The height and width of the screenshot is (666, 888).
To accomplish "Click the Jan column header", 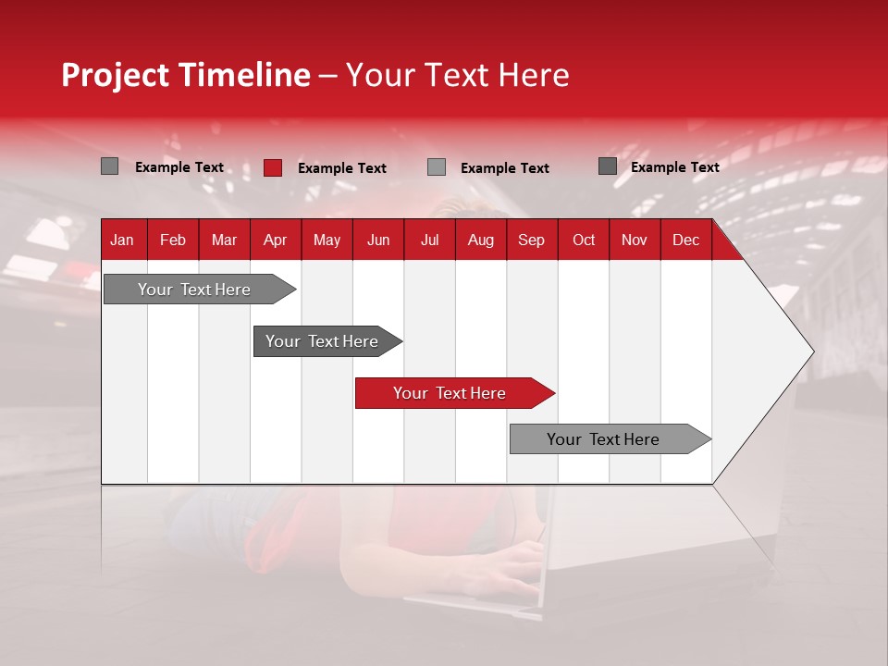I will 122,240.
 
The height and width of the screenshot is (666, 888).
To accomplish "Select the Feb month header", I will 173,240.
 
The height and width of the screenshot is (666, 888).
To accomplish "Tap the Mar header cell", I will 224,240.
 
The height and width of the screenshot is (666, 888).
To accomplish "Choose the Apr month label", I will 275,240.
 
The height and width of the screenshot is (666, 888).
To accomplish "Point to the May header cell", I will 327,240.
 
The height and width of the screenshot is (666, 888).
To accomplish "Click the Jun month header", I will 378,240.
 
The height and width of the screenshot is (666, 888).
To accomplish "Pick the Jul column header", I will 429,240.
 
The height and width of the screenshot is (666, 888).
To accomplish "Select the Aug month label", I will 480,240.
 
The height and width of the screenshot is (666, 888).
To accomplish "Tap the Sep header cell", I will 531,240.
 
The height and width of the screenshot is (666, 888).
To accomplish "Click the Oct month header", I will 584,240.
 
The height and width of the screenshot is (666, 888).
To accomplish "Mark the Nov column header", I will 635,240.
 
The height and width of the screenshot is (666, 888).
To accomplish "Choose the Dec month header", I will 685,240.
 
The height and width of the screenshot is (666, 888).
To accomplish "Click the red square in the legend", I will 273,167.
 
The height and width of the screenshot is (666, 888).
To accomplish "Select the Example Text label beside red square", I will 341,168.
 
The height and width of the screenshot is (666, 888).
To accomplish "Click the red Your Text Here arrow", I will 450,393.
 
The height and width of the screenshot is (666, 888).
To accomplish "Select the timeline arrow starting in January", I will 195,290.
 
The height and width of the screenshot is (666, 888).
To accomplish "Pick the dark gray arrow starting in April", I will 323,341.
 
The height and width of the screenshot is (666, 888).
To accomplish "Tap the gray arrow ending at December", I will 604,439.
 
